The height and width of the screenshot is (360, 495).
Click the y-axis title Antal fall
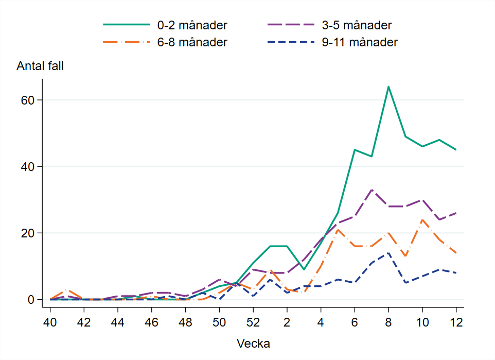click(40, 66)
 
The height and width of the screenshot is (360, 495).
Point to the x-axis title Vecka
click(253, 343)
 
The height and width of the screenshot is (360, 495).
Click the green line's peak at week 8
click(388, 87)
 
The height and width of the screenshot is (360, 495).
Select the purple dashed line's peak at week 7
click(372, 190)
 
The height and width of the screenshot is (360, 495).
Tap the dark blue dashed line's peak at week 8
click(388, 253)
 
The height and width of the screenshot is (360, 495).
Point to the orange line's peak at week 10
click(422, 220)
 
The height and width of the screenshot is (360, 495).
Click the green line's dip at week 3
click(304, 269)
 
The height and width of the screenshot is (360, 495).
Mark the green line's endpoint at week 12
click(456, 150)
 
